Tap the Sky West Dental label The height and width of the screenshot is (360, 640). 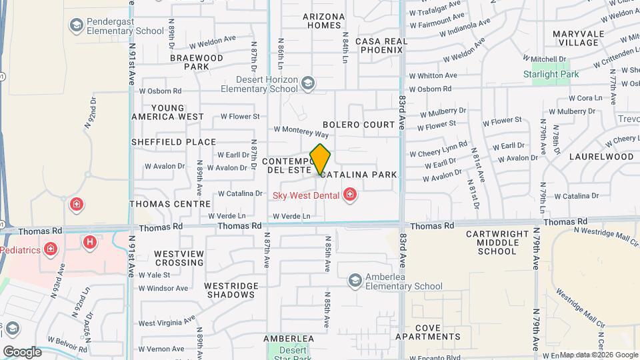click(306, 195)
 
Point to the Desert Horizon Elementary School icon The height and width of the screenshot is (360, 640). click(307, 83)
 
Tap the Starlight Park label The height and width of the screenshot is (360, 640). click(551, 74)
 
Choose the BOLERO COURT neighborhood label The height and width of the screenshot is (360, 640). click(359, 125)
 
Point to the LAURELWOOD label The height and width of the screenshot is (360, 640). click(601, 157)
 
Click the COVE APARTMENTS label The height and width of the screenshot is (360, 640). click(437, 332)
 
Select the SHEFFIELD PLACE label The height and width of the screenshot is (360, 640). click(173, 142)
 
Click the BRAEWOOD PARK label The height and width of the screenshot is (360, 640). click(197, 63)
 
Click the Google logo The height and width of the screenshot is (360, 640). click(22, 351)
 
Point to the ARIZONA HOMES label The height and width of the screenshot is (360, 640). click(324, 21)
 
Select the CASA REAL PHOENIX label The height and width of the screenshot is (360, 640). click(381, 45)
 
